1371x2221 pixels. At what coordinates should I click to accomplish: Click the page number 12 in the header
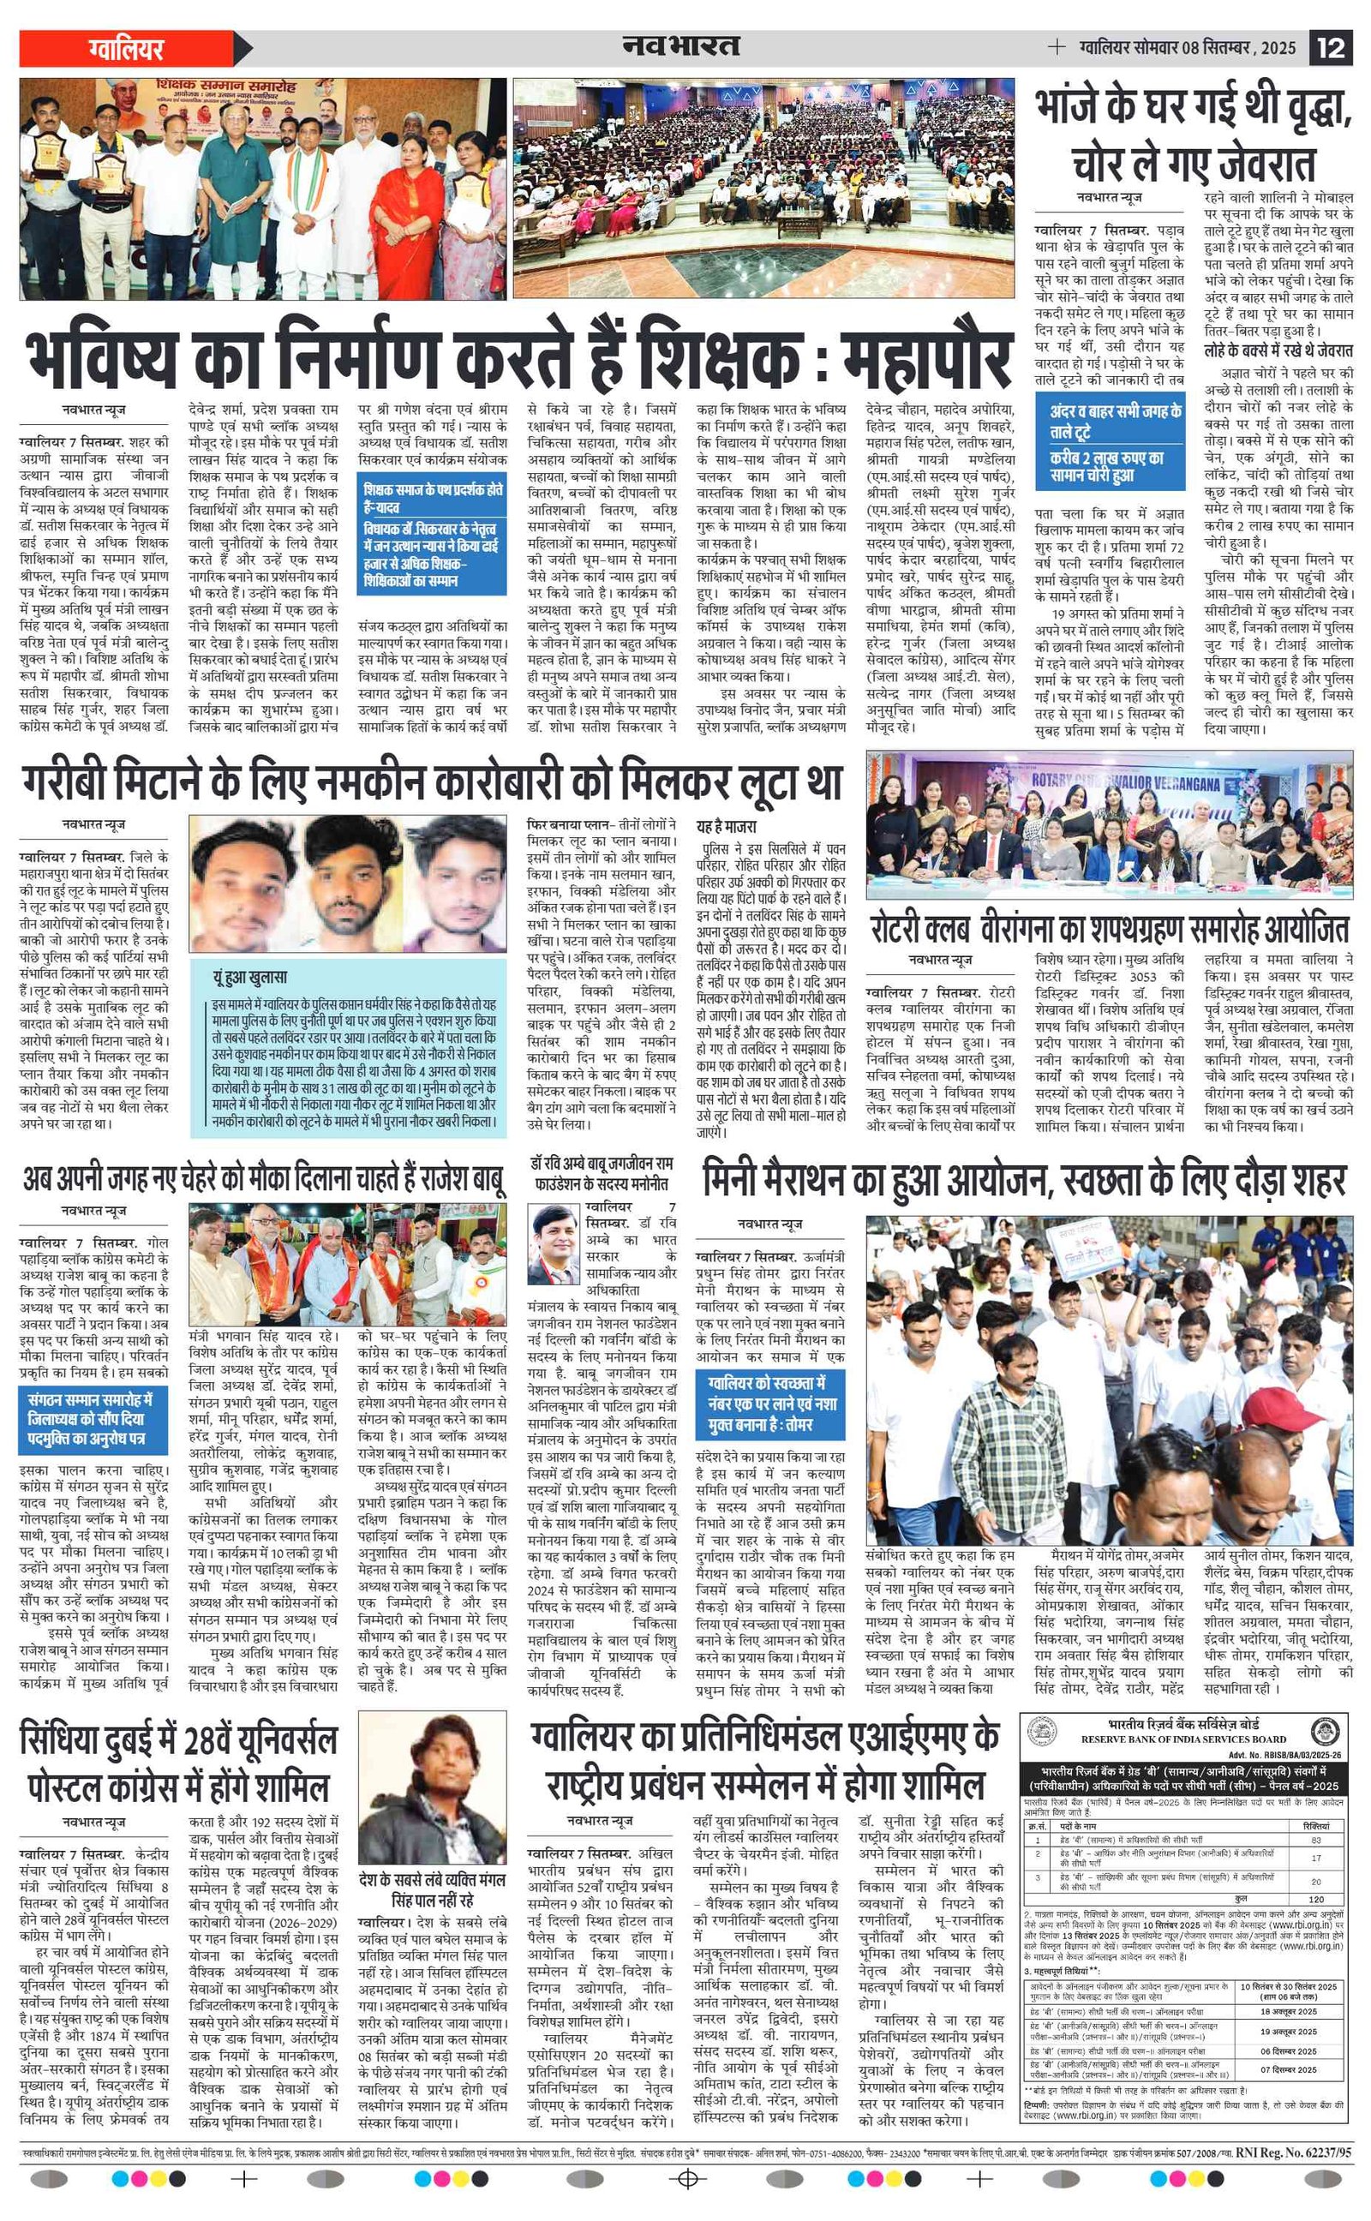click(x=1330, y=47)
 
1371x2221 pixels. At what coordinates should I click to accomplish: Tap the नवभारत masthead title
click(x=680, y=46)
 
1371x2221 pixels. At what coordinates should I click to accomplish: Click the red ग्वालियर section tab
click(x=127, y=48)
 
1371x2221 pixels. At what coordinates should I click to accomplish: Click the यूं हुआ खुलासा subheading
click(x=250, y=977)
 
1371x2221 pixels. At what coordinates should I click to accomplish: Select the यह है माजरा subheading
click(x=727, y=827)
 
